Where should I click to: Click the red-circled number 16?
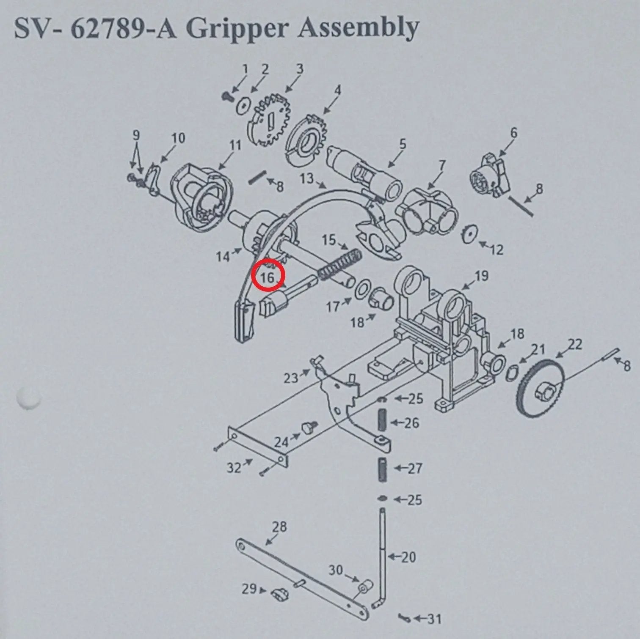click(268, 278)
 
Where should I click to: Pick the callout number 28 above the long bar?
click(279, 527)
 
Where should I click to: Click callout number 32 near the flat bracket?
click(234, 468)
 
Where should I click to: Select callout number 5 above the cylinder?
click(402, 144)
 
